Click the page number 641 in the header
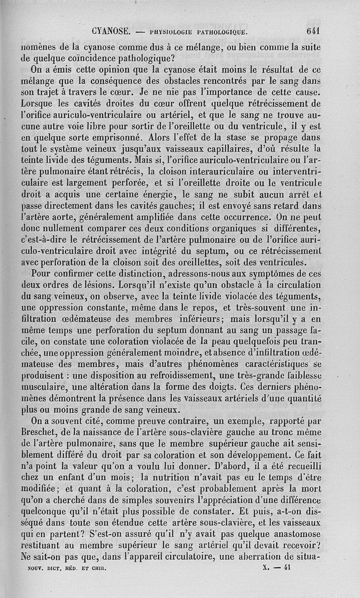(x=312, y=32)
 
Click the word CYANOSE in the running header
(x=111, y=32)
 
